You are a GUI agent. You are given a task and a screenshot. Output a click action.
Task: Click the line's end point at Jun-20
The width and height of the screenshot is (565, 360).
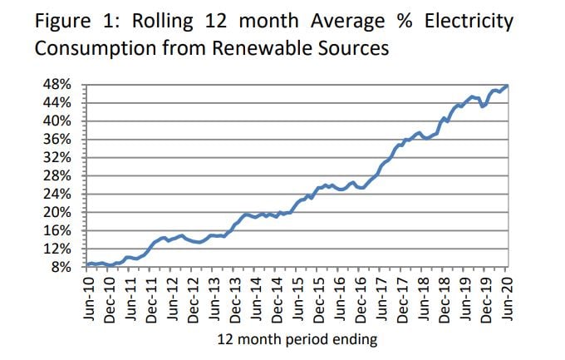point(507,86)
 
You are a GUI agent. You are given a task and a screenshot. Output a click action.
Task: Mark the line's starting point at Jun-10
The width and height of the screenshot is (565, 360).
point(88,264)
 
